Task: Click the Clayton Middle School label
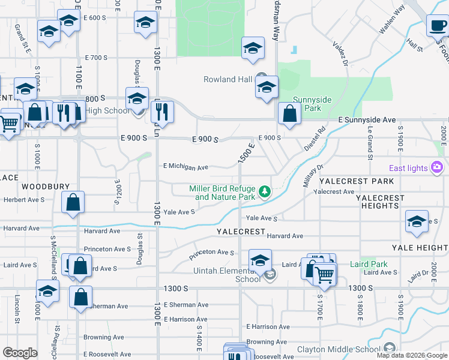click(340, 349)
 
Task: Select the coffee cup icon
click(437, 25)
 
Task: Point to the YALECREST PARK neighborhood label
click(357, 181)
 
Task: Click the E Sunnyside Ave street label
click(367, 120)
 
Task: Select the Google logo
click(20, 353)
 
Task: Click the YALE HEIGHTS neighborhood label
click(420, 247)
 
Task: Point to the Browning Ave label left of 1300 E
click(98, 337)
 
